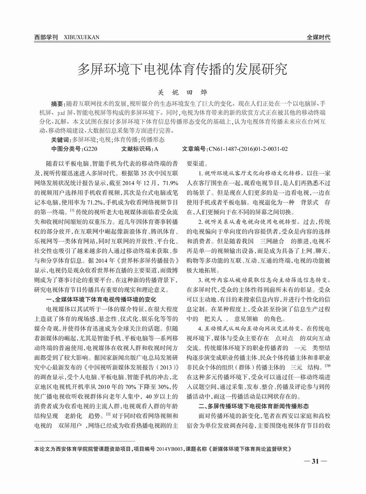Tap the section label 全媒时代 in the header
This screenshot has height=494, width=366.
pos(318,37)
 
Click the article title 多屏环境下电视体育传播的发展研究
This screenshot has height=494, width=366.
pos(182,69)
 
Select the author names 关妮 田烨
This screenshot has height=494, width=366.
pos(182,93)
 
